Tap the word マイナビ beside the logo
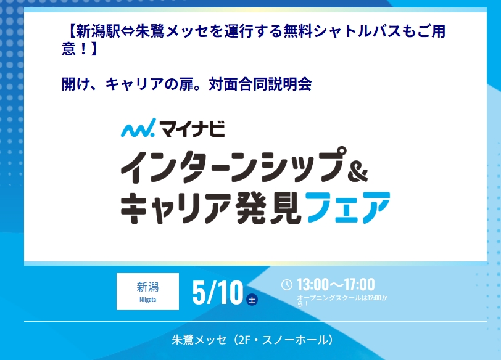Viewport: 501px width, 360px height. point(193,129)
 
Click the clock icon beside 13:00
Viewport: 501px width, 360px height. point(287,285)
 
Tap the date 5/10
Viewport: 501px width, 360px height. point(218,292)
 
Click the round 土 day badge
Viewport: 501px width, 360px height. point(252,300)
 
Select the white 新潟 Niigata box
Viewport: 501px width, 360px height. point(147,292)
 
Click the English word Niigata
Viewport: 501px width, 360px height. point(147,300)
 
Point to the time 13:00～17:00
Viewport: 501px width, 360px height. point(336,284)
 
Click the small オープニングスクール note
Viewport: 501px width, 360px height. point(342,301)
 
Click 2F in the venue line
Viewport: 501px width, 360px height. point(244,340)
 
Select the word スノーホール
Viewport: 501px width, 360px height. point(296,340)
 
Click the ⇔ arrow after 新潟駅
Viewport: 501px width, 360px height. point(128,31)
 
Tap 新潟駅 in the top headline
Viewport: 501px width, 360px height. point(98,31)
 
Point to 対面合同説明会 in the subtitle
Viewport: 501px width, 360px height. point(260,84)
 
